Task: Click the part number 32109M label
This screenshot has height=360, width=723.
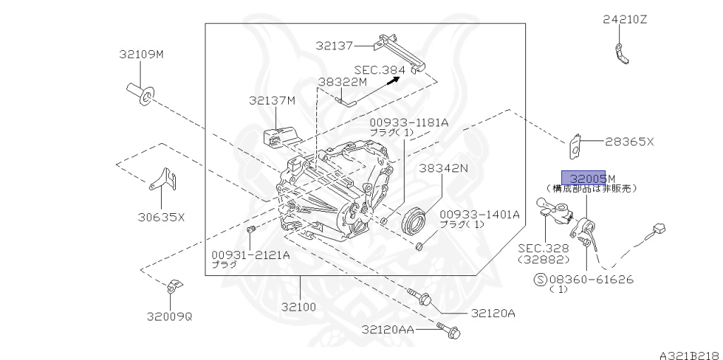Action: (x=141, y=54)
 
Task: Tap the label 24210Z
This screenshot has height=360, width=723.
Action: (x=624, y=20)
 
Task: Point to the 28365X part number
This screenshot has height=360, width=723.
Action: (x=629, y=142)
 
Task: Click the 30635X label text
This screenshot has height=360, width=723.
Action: (x=160, y=217)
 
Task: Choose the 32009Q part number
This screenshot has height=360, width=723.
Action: (x=169, y=316)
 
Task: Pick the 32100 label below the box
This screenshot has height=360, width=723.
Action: (x=299, y=307)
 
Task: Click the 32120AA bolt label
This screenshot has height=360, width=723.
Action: (x=388, y=329)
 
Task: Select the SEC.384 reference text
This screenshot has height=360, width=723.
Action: (x=380, y=70)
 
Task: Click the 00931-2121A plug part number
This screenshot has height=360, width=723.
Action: (x=250, y=254)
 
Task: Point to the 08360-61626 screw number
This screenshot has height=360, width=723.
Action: (x=592, y=280)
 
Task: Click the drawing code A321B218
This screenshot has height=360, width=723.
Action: (x=690, y=352)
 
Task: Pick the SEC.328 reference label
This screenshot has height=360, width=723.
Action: (x=542, y=248)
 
